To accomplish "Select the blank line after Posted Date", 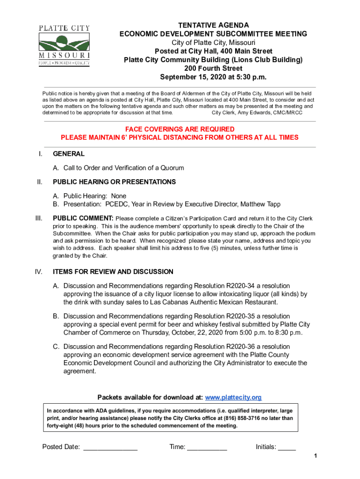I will point(110,448).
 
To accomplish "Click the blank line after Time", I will point(207,448).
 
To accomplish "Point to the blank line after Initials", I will point(287,448).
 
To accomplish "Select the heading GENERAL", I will point(69,154).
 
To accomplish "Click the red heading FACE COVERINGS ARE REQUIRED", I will point(180,129).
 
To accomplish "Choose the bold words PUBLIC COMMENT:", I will point(83,218).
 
